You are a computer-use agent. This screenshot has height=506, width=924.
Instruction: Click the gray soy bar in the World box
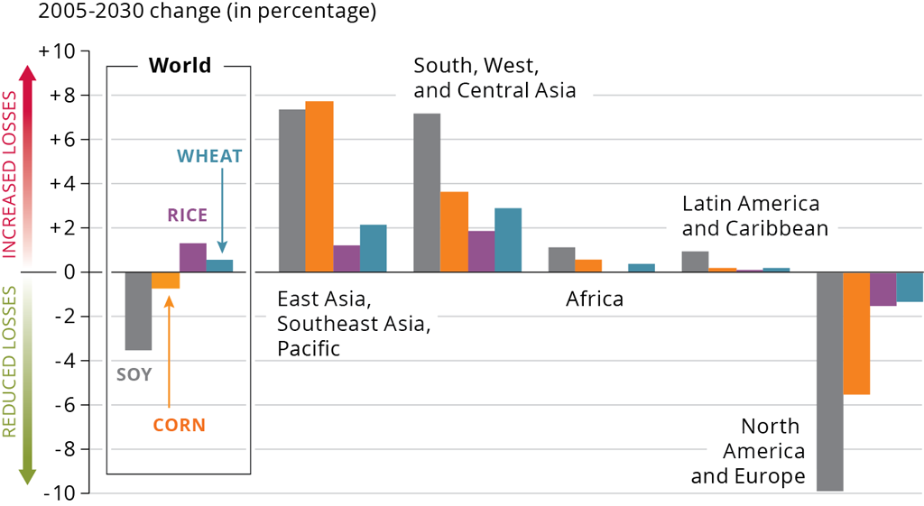point(138,310)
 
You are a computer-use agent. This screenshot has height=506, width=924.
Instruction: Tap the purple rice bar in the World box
point(192,258)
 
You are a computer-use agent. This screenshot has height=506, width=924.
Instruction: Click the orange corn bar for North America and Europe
point(856,333)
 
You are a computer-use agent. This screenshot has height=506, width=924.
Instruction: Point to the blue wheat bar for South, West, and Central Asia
point(508,240)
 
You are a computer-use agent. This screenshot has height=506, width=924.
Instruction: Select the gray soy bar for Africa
point(562,260)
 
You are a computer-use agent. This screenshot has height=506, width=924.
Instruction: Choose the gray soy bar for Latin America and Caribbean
point(695,262)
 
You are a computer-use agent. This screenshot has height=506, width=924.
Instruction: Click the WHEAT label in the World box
point(209,156)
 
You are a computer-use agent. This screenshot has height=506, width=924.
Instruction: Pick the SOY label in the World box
point(134,374)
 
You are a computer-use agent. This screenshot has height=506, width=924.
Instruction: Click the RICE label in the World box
point(187,216)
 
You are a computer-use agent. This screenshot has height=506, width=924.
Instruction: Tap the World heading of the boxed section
point(180,66)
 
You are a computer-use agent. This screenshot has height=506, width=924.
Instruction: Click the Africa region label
point(595,299)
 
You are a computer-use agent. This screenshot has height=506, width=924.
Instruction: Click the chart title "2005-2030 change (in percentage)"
point(188,13)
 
